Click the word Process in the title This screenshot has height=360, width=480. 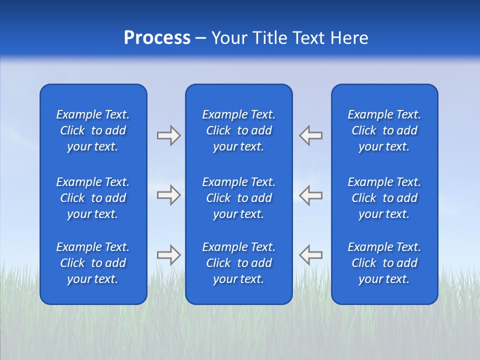157,38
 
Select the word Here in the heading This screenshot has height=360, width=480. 349,38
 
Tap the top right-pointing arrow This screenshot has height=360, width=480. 168,135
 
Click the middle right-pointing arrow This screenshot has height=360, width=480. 168,195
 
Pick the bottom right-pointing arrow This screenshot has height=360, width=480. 168,255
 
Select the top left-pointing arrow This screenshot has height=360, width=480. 311,135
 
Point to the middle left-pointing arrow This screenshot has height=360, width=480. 311,195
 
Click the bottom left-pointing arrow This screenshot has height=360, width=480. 311,255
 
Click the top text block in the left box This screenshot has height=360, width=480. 93,130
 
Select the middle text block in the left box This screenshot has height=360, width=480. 93,198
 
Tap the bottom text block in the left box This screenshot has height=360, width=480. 93,263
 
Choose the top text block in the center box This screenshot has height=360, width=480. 238,130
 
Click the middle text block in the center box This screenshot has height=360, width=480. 238,198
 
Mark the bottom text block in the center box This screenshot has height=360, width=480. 238,263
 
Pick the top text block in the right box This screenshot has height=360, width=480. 384,130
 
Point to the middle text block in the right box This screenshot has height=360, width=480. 384,198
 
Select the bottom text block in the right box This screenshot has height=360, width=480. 384,263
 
